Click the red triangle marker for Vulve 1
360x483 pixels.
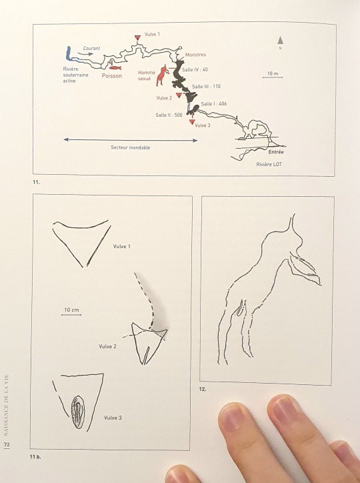click(137, 37)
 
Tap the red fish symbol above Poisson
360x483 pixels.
click(115, 68)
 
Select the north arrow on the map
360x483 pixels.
click(280, 40)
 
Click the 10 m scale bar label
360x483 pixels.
click(273, 73)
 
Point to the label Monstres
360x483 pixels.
click(195, 55)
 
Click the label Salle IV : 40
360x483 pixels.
click(195, 69)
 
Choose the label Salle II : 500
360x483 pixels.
click(169, 115)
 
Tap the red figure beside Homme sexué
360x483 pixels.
click(163, 75)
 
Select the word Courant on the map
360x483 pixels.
click(91, 48)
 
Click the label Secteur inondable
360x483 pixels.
click(131, 147)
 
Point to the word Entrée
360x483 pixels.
click(276, 152)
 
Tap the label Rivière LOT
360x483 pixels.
click(269, 164)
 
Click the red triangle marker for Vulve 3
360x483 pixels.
click(192, 122)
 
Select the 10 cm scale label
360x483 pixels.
click(71, 310)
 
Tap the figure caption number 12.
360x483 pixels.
click(203, 390)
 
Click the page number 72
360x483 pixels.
click(7, 445)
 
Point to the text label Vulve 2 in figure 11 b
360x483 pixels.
click(108, 346)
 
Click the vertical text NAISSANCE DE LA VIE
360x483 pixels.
click(7, 405)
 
